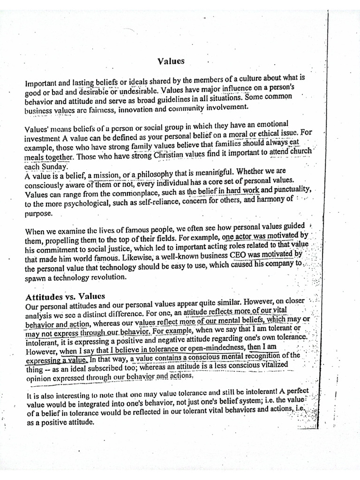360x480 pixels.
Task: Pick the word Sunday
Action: click(56, 166)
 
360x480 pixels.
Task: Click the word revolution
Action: click(105, 277)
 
